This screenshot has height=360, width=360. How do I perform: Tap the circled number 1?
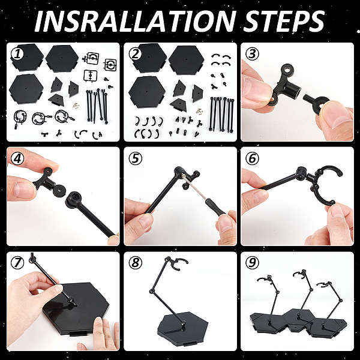[17, 54]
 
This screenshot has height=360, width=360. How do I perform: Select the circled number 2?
[135, 55]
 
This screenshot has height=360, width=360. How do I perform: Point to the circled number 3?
[252, 54]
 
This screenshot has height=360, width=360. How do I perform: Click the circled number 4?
[17, 158]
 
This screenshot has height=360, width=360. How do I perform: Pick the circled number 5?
[135, 158]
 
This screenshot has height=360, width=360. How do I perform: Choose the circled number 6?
[252, 158]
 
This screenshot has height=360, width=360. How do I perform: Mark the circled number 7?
[17, 262]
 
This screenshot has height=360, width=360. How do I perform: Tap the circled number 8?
[135, 262]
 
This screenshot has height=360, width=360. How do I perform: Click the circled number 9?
[252, 262]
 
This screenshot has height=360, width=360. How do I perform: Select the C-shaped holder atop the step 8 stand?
[179, 264]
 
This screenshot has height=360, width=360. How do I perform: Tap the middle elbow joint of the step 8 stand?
[151, 292]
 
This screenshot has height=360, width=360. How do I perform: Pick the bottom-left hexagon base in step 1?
[26, 89]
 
